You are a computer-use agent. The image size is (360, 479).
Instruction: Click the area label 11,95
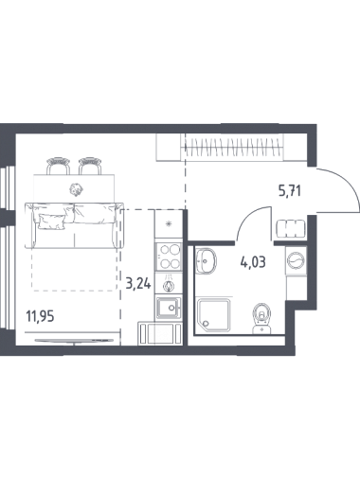pos(41,315)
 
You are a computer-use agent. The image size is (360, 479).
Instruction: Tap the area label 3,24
pos(138,283)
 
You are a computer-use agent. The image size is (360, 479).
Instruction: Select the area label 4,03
pos(253,262)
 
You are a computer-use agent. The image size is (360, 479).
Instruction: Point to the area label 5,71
pos(289,191)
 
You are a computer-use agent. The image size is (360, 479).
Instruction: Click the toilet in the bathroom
pos(261,318)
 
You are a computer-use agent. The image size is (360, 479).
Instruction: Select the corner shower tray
pos(213,315)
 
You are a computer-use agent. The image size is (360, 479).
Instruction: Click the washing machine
pos(297,261)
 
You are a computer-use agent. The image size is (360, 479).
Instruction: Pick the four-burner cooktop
pos(169,257)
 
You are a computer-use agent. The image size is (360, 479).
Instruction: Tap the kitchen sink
pos(168,308)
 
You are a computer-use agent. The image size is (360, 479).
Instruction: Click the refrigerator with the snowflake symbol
pos(169,224)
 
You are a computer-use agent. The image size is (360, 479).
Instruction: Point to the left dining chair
pos(58,166)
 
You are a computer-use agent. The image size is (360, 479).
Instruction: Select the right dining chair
pos(90,166)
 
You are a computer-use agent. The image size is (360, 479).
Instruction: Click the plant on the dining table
pos(76,189)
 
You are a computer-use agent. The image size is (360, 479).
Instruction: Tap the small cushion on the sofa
pos(52,221)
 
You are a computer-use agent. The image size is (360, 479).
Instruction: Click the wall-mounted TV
pos(74,341)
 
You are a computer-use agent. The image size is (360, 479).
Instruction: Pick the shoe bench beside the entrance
pos(291,229)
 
